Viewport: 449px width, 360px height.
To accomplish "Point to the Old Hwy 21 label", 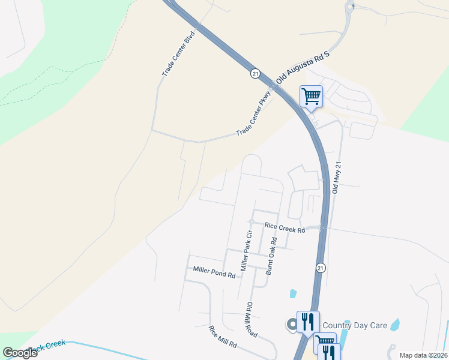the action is point(337,178).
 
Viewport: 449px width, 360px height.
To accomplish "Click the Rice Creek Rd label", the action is point(285,228).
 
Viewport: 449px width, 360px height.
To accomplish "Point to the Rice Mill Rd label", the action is point(223,337).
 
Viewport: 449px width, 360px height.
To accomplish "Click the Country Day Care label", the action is point(355,325).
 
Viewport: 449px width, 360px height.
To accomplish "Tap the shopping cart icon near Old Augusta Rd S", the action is point(311,95).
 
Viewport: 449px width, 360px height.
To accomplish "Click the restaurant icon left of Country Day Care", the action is point(308,321).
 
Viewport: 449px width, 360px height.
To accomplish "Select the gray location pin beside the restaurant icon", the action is point(292,324).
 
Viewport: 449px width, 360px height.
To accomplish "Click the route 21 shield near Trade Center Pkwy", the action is point(255,73).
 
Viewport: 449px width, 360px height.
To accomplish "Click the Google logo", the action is point(20,353).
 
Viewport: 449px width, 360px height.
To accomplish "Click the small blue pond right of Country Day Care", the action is point(395,325).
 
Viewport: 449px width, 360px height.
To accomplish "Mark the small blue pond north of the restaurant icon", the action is point(292,293).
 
